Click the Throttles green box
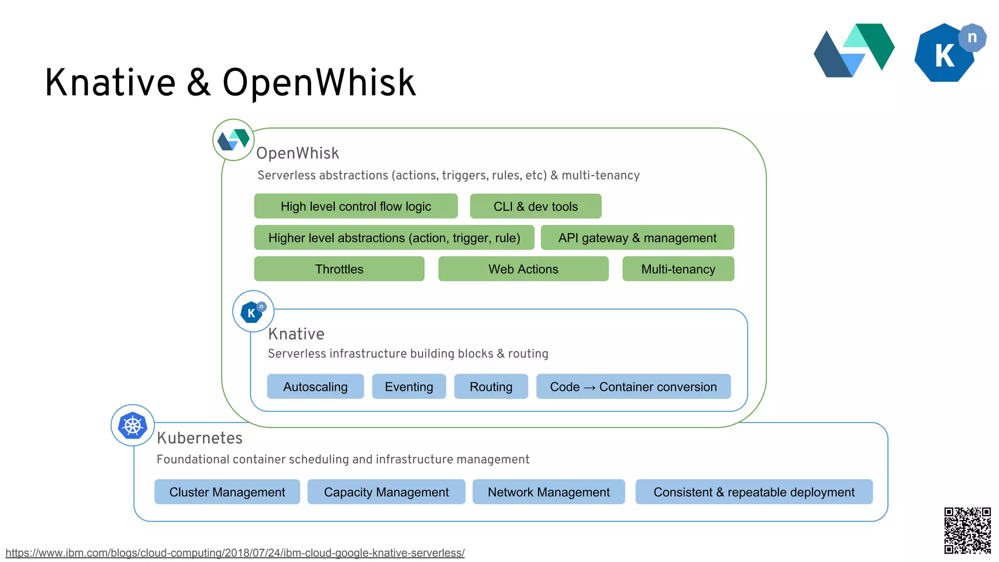[339, 269]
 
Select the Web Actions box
[523, 269]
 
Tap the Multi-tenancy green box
[678, 269]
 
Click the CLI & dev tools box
[535, 206]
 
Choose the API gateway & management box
[637, 238]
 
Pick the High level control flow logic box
[356, 206]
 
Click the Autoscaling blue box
[315, 387]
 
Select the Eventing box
[409, 387]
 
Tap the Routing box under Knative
[491, 387]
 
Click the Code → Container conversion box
[633, 387]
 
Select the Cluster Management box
[227, 492]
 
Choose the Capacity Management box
[386, 492]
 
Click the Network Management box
[548, 492]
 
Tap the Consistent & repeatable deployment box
[754, 492]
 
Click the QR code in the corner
[967, 530]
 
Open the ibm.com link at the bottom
[235, 553]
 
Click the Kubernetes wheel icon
[133, 425]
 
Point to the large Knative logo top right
[948, 53]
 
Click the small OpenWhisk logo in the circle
[233, 140]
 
